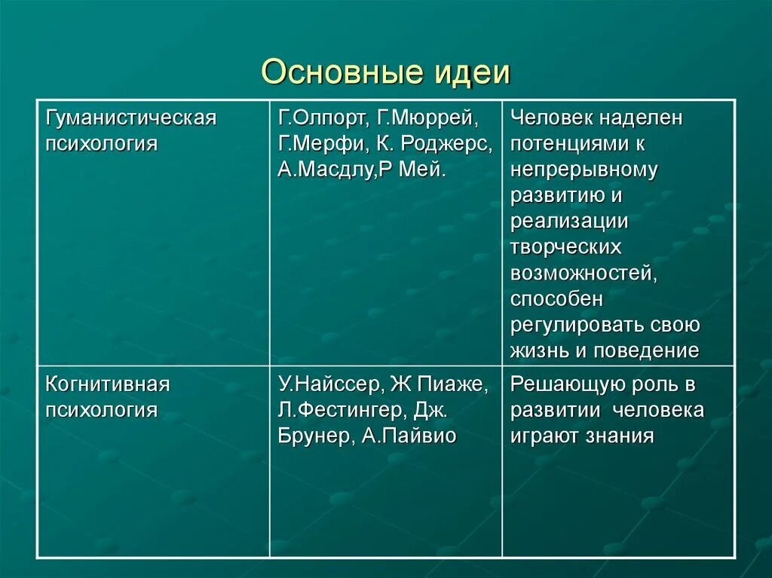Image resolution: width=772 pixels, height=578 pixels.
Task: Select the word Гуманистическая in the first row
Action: pos(131,118)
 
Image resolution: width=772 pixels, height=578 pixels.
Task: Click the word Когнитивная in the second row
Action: pos(108,384)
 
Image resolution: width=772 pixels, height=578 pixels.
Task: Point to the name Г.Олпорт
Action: pos(319,118)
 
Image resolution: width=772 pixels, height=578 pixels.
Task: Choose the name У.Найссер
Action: pos(329,384)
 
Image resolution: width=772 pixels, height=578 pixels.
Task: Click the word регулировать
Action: pos(578,325)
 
